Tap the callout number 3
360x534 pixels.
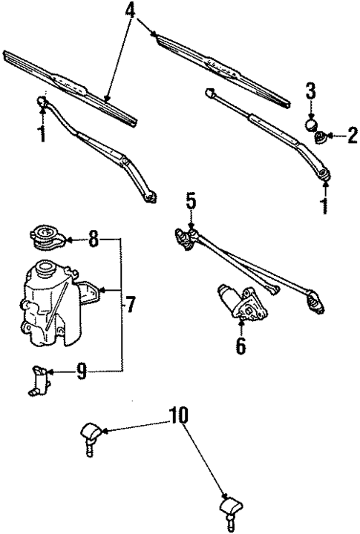pyautogui.click(x=311, y=92)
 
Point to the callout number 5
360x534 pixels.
pyautogui.click(x=191, y=200)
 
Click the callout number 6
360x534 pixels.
pyautogui.click(x=240, y=345)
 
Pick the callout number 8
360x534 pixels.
pyautogui.click(x=92, y=239)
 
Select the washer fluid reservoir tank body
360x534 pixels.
pyautogui.click(x=47, y=304)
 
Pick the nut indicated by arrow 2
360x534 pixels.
pyautogui.click(x=321, y=137)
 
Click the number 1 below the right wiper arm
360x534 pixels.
pyautogui.click(x=324, y=205)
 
